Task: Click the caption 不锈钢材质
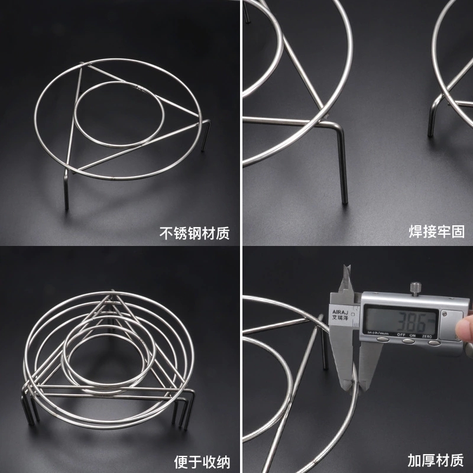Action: click(x=195, y=233)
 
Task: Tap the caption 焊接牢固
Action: click(x=436, y=231)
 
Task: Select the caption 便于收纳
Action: click(x=202, y=462)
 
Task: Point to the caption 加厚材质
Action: click(x=436, y=461)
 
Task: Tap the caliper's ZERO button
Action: click(x=434, y=343)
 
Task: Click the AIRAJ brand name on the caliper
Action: click(x=340, y=312)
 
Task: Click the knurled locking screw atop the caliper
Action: click(x=415, y=289)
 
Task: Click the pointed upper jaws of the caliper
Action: click(x=346, y=279)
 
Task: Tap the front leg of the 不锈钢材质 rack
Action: click(x=66, y=189)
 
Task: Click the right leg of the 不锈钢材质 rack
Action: click(x=206, y=135)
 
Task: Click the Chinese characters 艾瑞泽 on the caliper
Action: click(x=340, y=318)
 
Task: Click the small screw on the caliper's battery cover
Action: click(x=444, y=314)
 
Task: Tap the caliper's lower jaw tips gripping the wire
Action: click(x=355, y=383)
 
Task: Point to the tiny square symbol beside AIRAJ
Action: click(x=353, y=314)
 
